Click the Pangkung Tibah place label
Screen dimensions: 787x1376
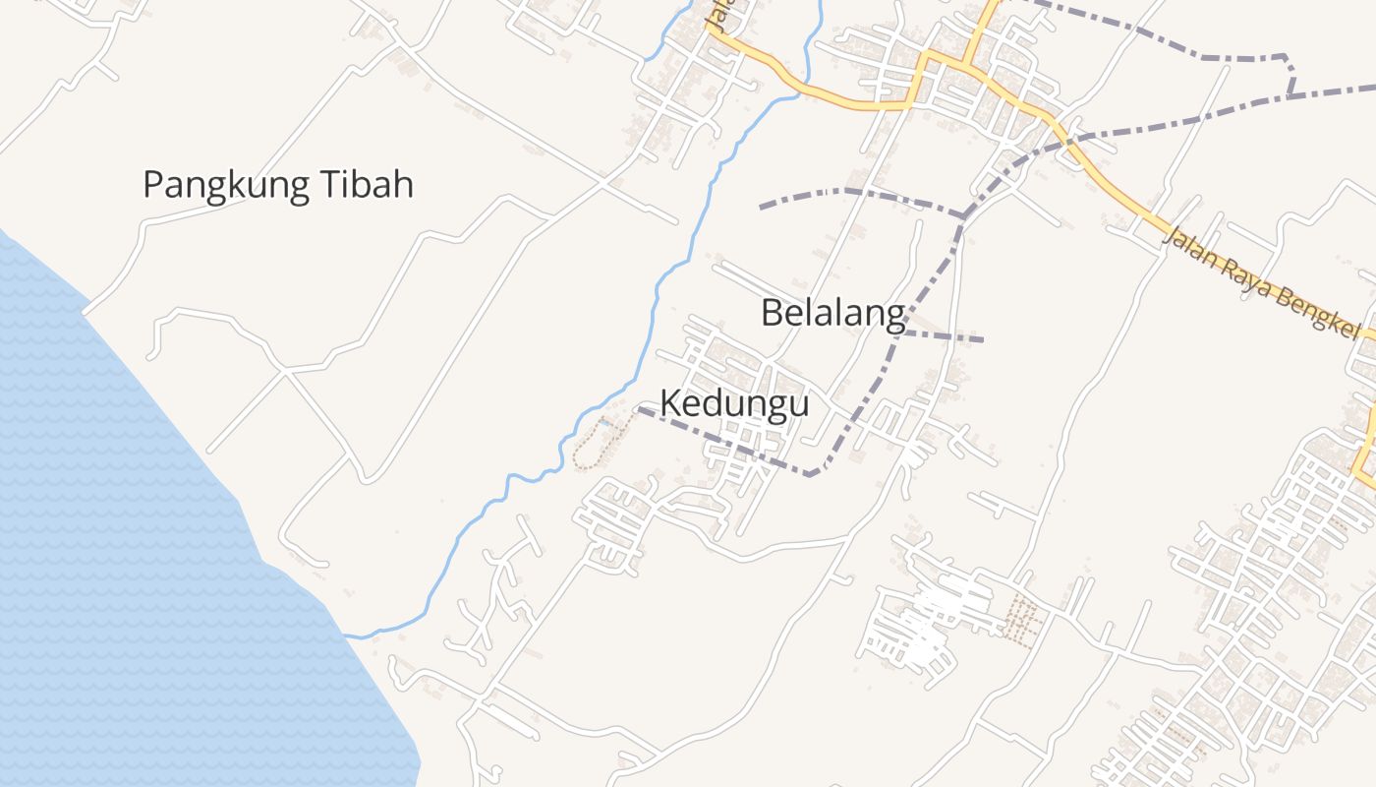278,185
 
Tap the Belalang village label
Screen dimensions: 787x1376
832,313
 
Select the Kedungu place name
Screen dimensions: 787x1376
734,403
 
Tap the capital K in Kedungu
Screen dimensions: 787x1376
670,403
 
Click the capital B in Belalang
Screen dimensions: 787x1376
773,313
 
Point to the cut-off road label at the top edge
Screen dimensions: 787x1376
718,14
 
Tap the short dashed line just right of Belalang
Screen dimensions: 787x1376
944,336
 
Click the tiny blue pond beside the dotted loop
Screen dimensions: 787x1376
606,424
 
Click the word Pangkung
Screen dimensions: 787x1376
219,185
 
